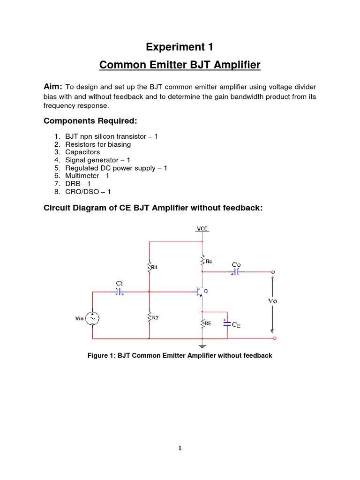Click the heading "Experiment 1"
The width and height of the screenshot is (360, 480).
coord(180,47)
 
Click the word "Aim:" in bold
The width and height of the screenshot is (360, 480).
coord(53,86)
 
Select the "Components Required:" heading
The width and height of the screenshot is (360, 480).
coord(90,121)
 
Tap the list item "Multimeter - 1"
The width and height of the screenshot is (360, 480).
coord(87,176)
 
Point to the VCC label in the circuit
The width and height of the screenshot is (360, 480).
coord(202,229)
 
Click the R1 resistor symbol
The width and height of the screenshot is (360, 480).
coord(149,267)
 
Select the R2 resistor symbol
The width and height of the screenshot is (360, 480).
coord(149,317)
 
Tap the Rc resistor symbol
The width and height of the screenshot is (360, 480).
coord(202,260)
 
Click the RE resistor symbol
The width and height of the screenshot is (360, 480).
coord(202,323)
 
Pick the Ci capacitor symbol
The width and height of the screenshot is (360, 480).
coord(119,292)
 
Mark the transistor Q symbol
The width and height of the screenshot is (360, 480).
coord(201,292)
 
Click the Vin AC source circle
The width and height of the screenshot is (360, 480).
coord(92,318)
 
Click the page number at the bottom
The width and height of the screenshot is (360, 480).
coord(180,448)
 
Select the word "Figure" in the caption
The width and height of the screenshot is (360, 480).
coord(98,356)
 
